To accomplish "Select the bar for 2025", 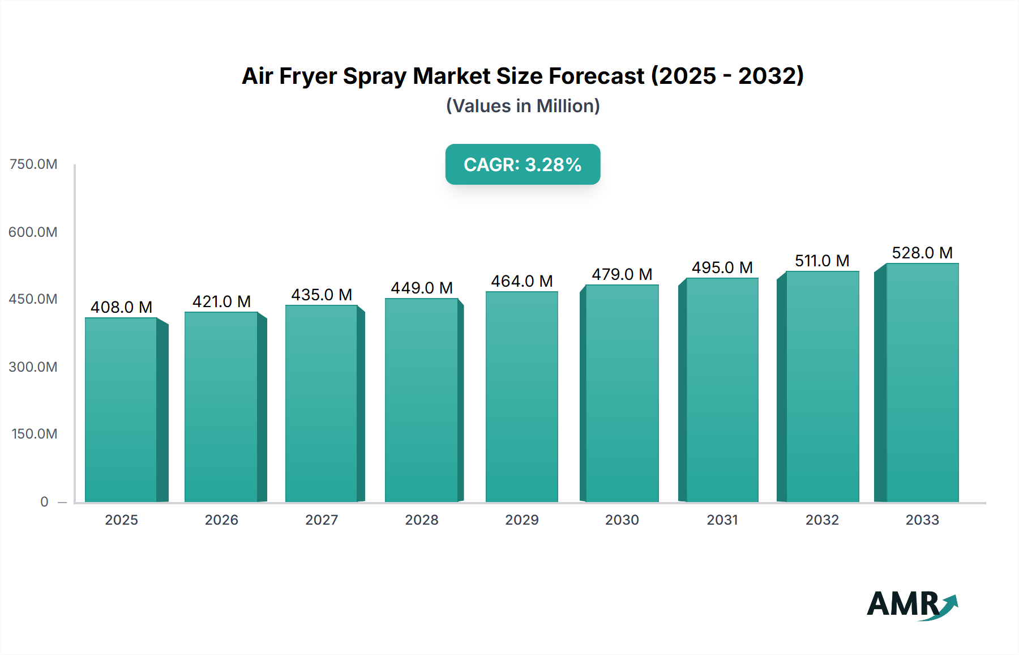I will (121, 409).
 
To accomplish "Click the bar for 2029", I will (521, 397).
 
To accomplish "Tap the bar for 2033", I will (922, 382).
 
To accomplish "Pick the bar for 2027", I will (322, 403).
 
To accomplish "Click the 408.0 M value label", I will (121, 307).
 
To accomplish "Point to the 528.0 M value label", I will (922, 253).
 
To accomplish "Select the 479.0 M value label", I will (622, 274).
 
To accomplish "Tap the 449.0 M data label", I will (422, 288).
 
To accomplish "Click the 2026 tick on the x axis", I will (221, 520).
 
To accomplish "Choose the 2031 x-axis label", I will (722, 520).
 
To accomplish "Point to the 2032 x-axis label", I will (822, 520).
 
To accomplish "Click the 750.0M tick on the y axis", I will (33, 164).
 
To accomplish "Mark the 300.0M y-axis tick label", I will (33, 367).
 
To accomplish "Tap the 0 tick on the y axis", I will (44, 501).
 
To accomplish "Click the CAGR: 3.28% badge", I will (523, 164).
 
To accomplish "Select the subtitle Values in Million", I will (523, 106).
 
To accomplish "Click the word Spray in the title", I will (374, 76).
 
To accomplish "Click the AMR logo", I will (911, 604).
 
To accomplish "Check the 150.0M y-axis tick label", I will (35, 434).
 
